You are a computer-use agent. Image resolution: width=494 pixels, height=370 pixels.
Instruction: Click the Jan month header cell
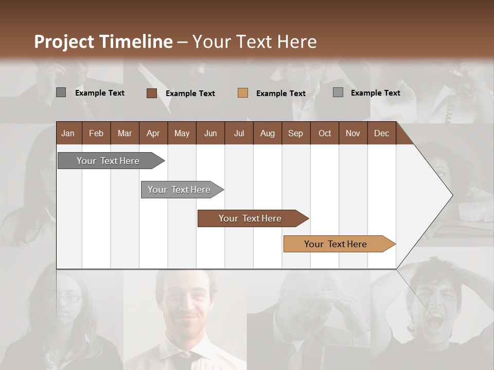pos(68,133)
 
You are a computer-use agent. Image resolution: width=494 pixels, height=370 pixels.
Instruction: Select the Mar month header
pos(125,133)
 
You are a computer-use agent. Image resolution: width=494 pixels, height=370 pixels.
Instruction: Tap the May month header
pos(182,133)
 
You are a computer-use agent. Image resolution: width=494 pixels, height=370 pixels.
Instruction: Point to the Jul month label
pos(239,133)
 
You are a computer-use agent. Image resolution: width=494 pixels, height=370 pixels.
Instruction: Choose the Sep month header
pos(295,133)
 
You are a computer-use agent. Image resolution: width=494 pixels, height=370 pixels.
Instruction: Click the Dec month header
pos(381,133)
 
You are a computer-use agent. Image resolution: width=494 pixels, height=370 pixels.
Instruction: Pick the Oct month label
pos(325,133)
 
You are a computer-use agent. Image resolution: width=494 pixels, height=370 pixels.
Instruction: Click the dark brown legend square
pos(151,93)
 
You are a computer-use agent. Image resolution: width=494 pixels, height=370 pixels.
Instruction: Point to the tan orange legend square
pos(243,93)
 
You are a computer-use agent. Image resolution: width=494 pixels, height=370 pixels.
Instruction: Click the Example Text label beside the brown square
pos(190,94)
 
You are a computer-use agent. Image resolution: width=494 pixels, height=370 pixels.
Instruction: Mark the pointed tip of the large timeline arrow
pos(452,195)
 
